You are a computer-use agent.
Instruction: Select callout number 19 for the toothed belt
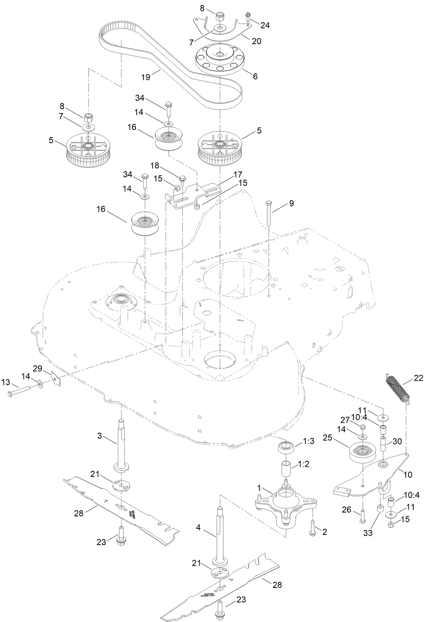pyautogui.click(x=146, y=77)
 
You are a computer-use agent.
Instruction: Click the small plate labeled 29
pyautogui.click(x=56, y=379)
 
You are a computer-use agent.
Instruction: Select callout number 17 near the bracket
pyautogui.click(x=238, y=175)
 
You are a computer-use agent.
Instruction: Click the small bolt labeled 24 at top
pyautogui.click(x=247, y=17)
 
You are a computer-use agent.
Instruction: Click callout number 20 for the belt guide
pyautogui.click(x=257, y=41)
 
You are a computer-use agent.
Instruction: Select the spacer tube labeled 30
pyautogui.click(x=383, y=444)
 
